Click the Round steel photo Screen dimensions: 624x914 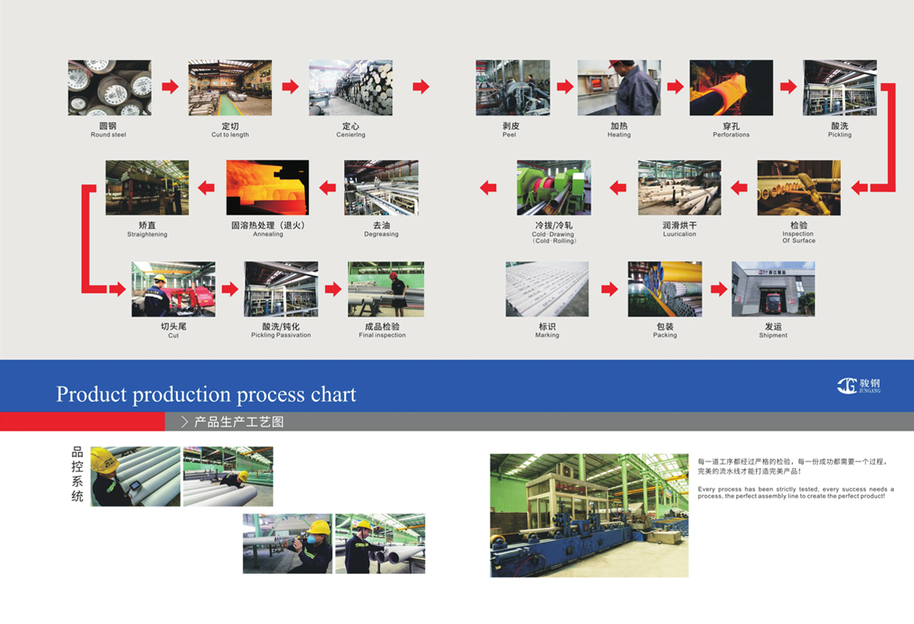(x=110, y=88)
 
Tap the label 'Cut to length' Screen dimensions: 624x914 (x=230, y=135)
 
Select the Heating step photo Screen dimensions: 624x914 (x=618, y=88)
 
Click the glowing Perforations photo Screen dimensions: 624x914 (x=731, y=88)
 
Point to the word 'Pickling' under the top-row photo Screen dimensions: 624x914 (x=839, y=135)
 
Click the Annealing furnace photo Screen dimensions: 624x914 (x=267, y=187)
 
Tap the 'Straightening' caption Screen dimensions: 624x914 (x=147, y=235)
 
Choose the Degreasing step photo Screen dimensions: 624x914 (x=381, y=187)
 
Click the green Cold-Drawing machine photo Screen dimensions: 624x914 (x=554, y=187)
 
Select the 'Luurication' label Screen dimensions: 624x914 (x=679, y=235)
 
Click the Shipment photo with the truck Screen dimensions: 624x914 (x=773, y=289)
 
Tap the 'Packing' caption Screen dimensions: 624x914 (x=665, y=335)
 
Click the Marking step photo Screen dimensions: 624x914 (x=547, y=289)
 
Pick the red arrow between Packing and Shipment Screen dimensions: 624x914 (x=719, y=290)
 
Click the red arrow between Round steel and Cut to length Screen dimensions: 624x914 (x=171, y=87)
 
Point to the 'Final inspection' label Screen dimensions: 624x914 (x=382, y=335)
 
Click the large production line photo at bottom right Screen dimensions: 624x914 (x=589, y=515)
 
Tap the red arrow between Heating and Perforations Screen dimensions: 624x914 (x=675, y=87)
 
